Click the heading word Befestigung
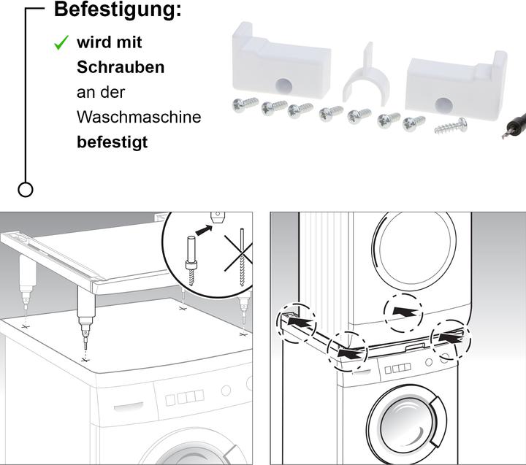118,11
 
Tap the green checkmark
62,43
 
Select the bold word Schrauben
121,67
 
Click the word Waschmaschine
139,117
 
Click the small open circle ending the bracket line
26,190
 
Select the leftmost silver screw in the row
243,105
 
